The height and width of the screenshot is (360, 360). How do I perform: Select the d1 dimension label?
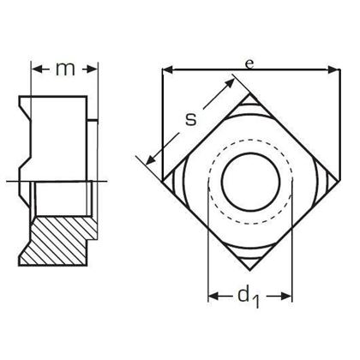pyautogui.click(x=249, y=297)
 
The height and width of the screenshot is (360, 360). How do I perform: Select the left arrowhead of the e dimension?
pyautogui.click(x=166, y=68)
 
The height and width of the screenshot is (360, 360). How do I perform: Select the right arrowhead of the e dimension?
pyautogui.click(x=328, y=68)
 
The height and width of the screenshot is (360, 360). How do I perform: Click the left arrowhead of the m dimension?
pyautogui.click(x=34, y=69)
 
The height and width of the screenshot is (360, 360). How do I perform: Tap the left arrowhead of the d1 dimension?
pyautogui.click(x=213, y=297)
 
